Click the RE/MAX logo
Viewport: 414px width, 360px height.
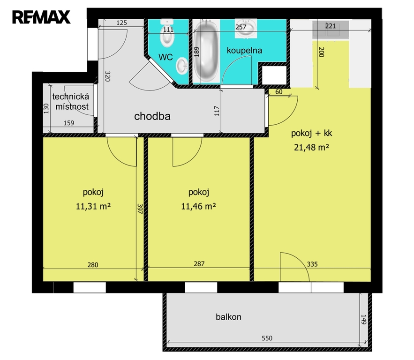(41, 17)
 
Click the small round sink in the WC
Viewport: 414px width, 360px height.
(182, 66)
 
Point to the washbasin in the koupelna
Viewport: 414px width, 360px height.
(246, 28)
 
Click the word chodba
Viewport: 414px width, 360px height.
(152, 116)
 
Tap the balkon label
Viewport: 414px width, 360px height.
(228, 317)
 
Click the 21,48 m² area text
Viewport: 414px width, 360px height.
(312, 147)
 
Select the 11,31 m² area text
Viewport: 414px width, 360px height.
(93, 206)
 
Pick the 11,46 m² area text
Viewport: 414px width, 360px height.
(198, 206)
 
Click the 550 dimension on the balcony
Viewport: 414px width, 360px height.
(267, 338)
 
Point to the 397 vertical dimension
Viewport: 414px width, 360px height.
(140, 209)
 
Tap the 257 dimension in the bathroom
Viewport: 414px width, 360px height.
(241, 27)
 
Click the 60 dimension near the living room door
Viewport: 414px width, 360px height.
(279, 92)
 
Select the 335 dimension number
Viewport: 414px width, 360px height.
(312, 264)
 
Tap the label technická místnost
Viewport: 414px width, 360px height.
(71, 102)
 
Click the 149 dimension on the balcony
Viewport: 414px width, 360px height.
(364, 320)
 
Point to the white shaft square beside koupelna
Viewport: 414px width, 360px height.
(274, 75)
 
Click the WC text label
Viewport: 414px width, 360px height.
(166, 57)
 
